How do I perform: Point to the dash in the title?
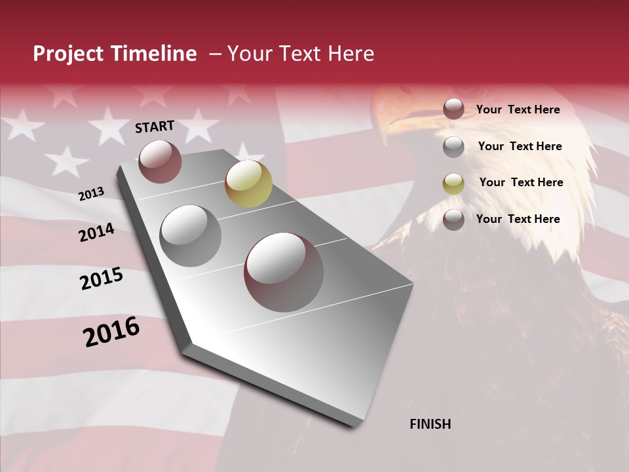[x=215, y=54]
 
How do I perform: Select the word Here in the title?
[x=351, y=54]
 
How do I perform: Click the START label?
[x=155, y=127]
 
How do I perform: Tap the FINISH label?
[x=430, y=424]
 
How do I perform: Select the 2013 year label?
[x=91, y=194]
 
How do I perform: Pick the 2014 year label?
[x=96, y=232]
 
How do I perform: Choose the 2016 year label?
[x=111, y=332]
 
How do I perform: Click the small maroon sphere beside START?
[x=160, y=161]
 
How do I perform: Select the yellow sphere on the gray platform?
[x=248, y=183]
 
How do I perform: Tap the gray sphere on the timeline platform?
[x=190, y=235]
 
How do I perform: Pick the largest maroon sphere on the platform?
[x=284, y=271]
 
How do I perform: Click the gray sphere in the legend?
[x=453, y=147]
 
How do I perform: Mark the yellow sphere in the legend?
[x=453, y=184]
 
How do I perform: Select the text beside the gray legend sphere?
[x=520, y=146]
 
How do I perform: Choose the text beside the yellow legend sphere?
[x=521, y=182]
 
